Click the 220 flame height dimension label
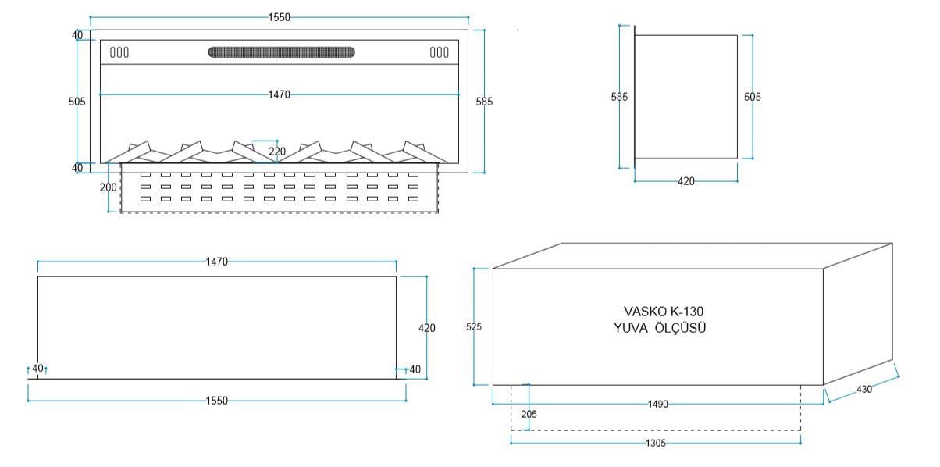point(276,151)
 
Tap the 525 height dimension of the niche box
point(473,327)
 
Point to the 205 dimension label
point(529,414)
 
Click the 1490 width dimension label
point(659,405)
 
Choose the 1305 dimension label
point(657,442)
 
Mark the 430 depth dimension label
point(864,388)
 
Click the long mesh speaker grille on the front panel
point(281,52)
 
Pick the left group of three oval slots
point(119,52)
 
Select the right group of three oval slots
point(440,52)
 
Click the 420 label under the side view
point(685,181)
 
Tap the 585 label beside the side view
point(619,97)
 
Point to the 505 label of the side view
point(752,97)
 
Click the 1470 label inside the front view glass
point(279,94)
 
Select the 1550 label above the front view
point(279,17)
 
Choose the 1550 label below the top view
point(216,401)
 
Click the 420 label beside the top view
point(427,328)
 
